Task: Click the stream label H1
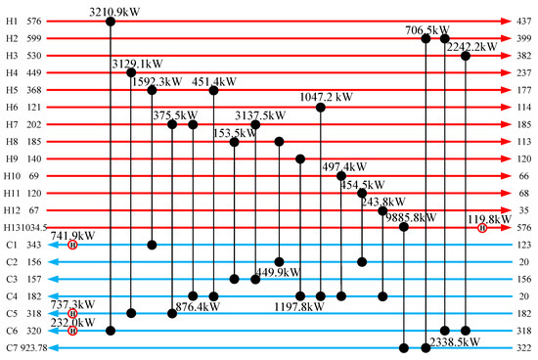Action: point(12,21)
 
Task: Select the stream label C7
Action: point(11,348)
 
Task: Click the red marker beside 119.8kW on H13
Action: point(482,228)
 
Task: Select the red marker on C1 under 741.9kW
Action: point(72,246)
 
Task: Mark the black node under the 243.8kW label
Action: point(382,210)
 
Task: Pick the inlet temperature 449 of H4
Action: point(34,72)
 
